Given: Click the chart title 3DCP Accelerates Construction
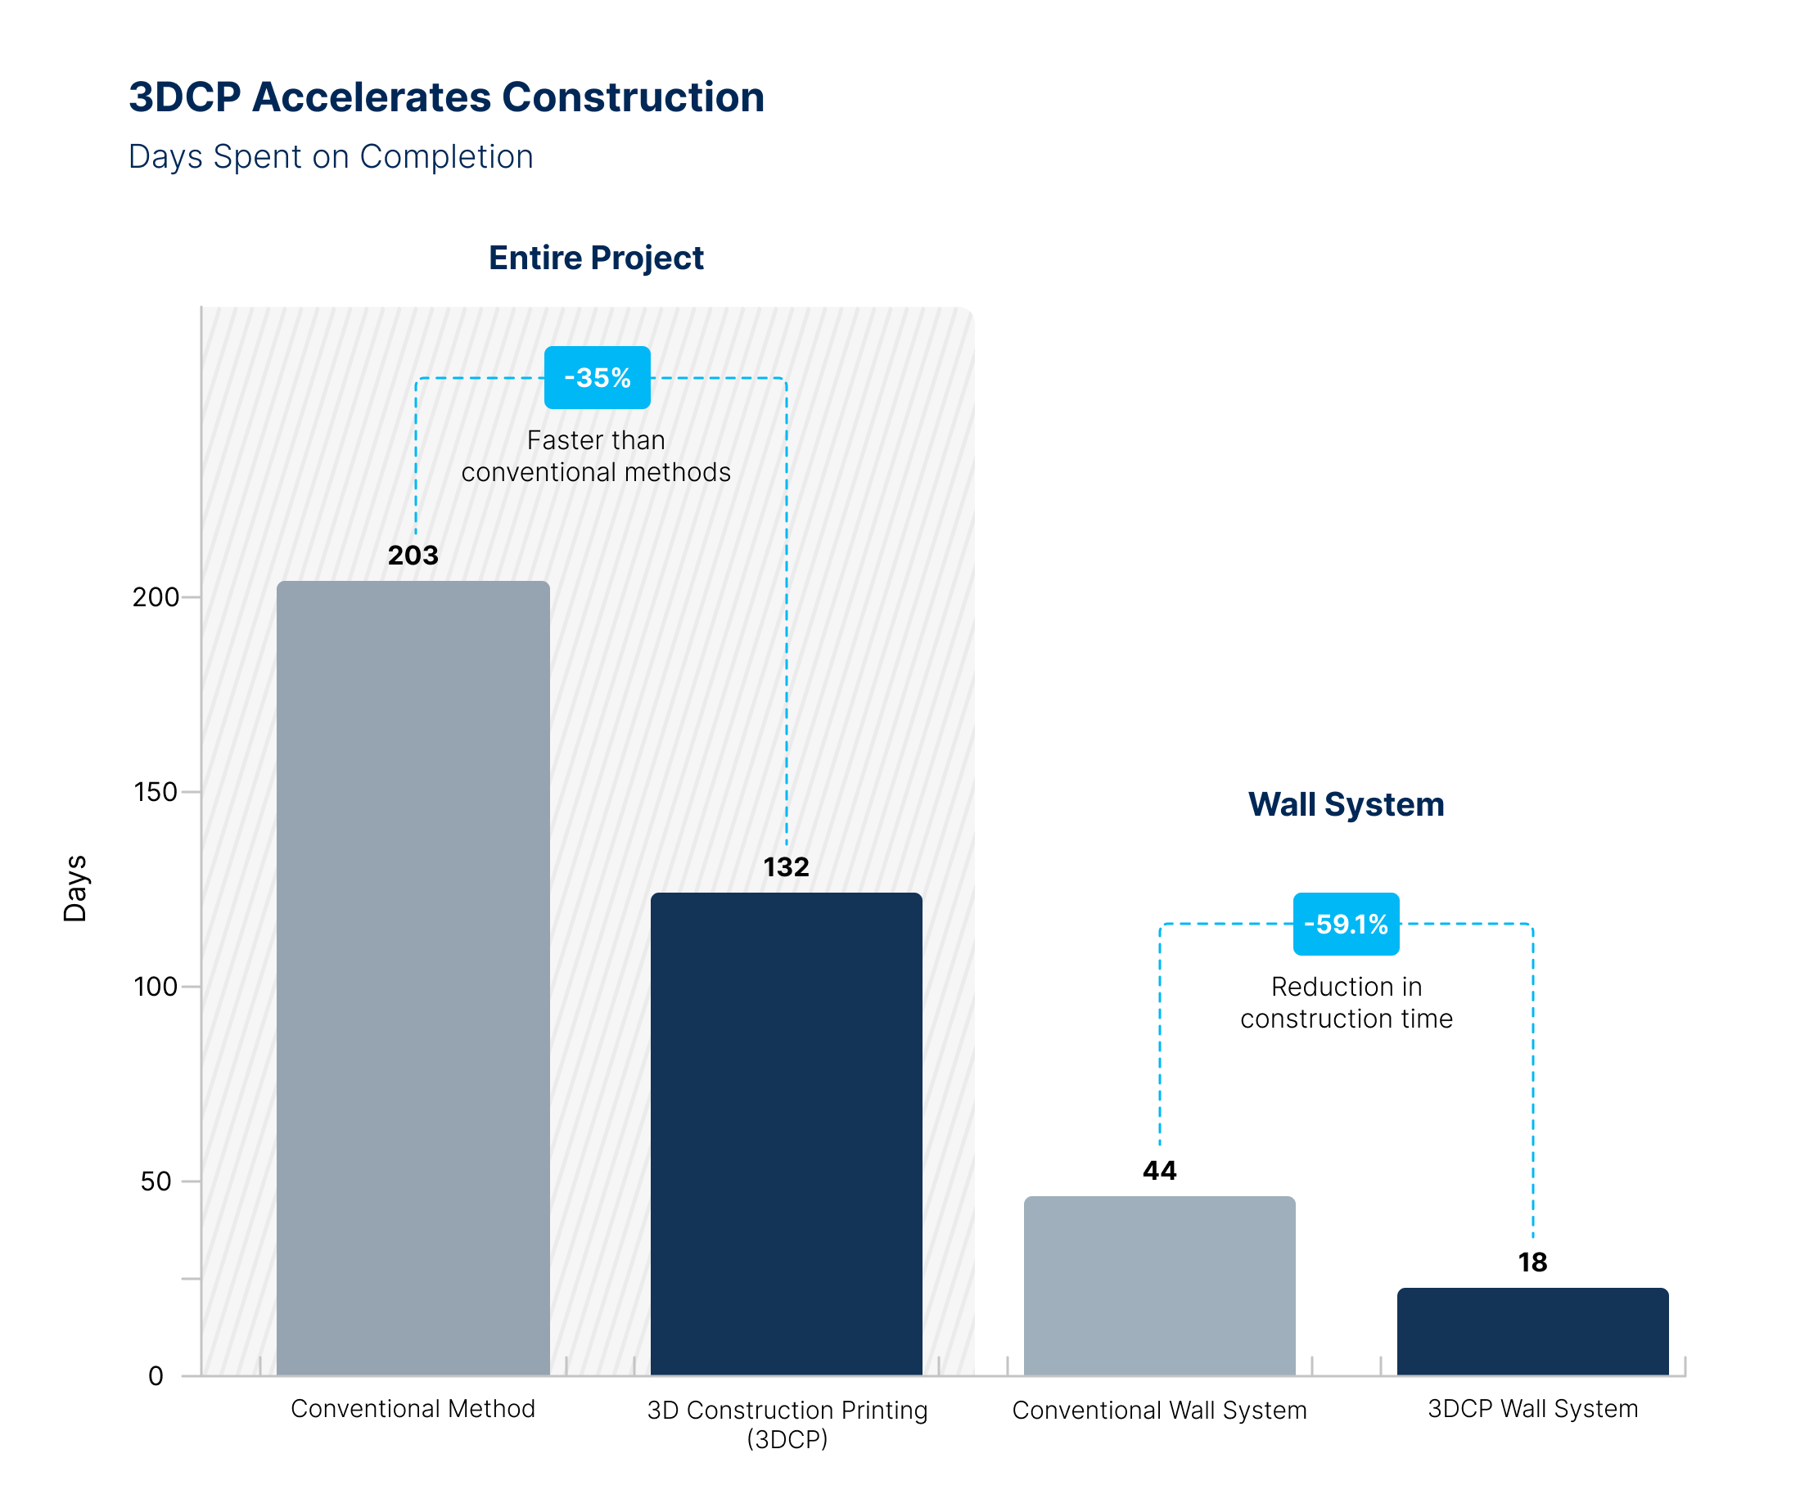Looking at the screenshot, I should pyautogui.click(x=446, y=97).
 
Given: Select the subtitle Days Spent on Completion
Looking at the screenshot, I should pyautogui.click(x=331, y=157).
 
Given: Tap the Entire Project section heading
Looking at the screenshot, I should pyautogui.click(x=596, y=258).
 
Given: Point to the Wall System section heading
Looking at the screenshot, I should pyautogui.click(x=1346, y=804).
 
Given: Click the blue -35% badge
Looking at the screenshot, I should pyautogui.click(x=598, y=378).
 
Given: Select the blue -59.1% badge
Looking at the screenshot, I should pyautogui.click(x=1346, y=925).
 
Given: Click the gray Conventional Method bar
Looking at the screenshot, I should pyautogui.click(x=413, y=977).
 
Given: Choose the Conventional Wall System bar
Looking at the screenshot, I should pyautogui.click(x=1159, y=1285).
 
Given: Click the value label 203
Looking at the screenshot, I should pyautogui.click(x=413, y=555).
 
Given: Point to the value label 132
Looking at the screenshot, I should pyautogui.click(x=786, y=867).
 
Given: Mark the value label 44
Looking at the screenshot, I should pyautogui.click(x=1159, y=1171).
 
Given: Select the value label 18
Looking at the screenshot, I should pyautogui.click(x=1532, y=1262).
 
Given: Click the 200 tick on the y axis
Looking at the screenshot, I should pyautogui.click(x=156, y=597).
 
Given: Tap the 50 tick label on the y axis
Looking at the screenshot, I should pyautogui.click(x=156, y=1181).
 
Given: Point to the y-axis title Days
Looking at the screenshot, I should pyautogui.click(x=75, y=889).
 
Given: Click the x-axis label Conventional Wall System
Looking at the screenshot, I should pyautogui.click(x=1159, y=1410).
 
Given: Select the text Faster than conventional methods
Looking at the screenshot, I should pyautogui.click(x=596, y=456).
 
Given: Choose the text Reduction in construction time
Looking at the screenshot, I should pyautogui.click(x=1346, y=1002).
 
